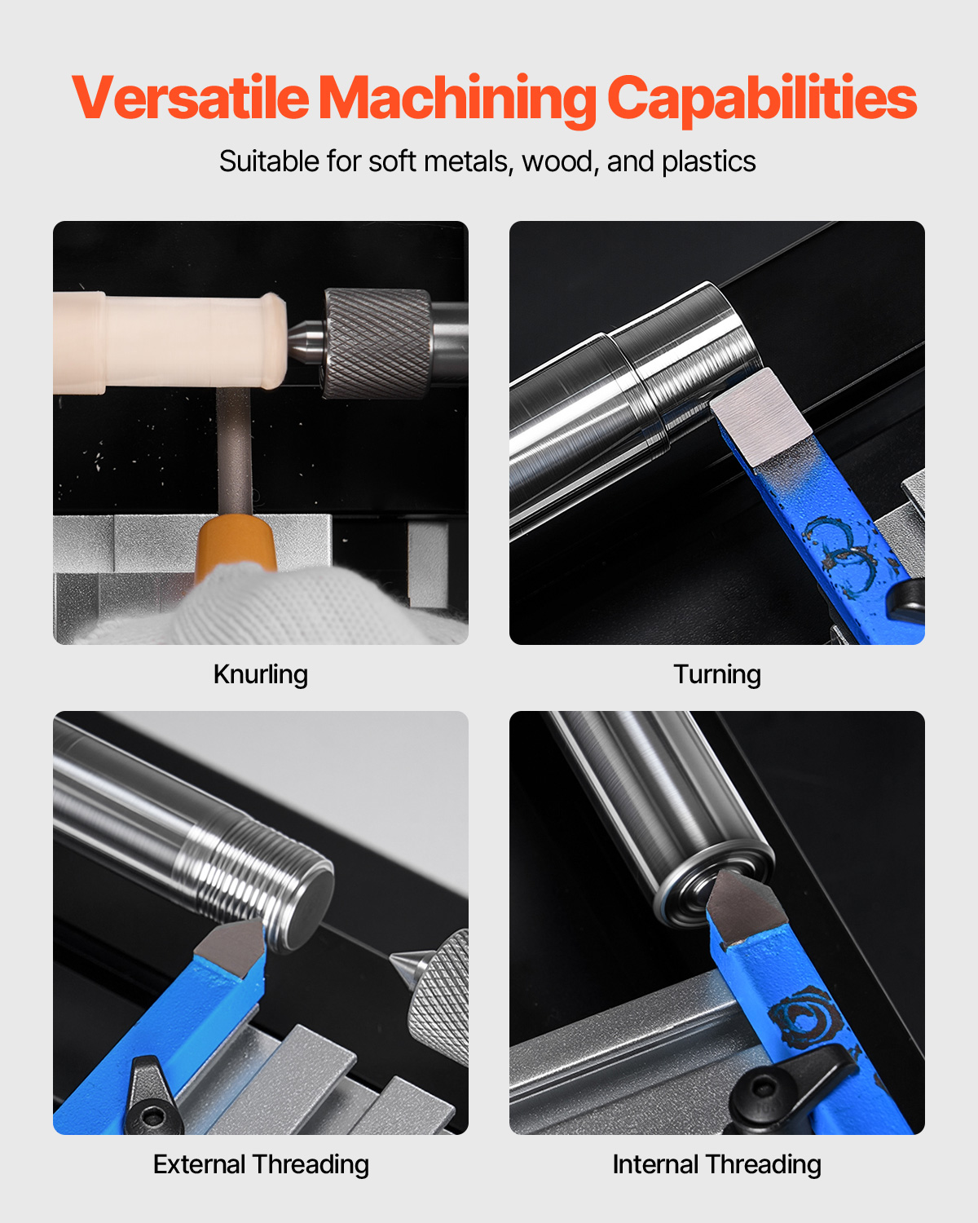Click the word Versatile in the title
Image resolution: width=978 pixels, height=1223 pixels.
(x=191, y=97)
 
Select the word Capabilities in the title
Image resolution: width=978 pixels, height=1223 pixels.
(x=762, y=100)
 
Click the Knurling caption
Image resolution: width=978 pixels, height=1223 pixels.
(x=261, y=674)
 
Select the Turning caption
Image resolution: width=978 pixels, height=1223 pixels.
(x=717, y=674)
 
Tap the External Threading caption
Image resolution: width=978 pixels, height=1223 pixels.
(x=261, y=1164)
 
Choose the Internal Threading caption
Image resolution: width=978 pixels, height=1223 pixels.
(x=717, y=1164)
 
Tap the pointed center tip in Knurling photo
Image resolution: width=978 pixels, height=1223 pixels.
(x=305, y=341)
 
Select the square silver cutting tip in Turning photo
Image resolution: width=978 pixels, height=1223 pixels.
(x=760, y=417)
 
